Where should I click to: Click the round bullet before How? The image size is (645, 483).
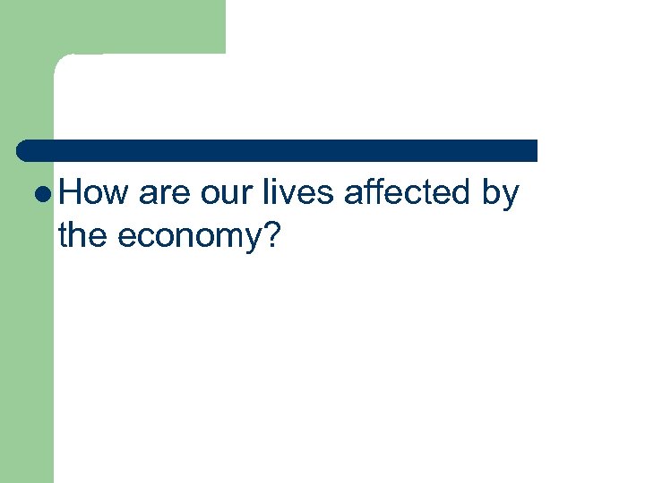(x=46, y=194)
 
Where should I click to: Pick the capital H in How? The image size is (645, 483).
(x=71, y=193)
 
